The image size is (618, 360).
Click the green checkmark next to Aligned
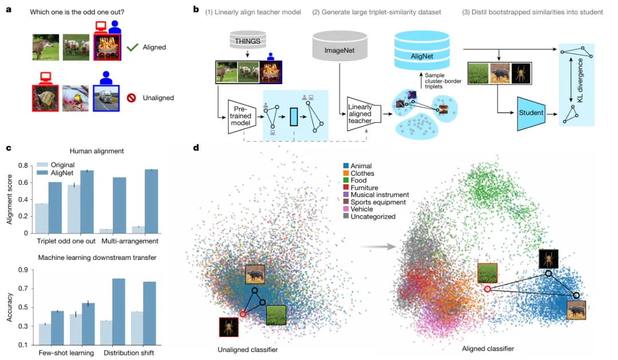click(x=133, y=48)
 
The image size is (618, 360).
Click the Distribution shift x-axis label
click(x=129, y=353)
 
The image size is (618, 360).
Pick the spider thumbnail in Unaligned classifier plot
click(x=228, y=327)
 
